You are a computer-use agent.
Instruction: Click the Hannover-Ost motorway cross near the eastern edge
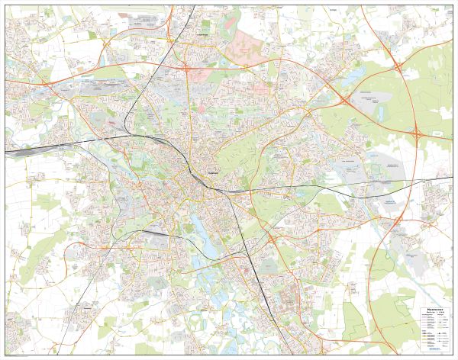(x=418, y=134)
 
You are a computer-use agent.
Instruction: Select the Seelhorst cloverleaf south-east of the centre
(x=272, y=239)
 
